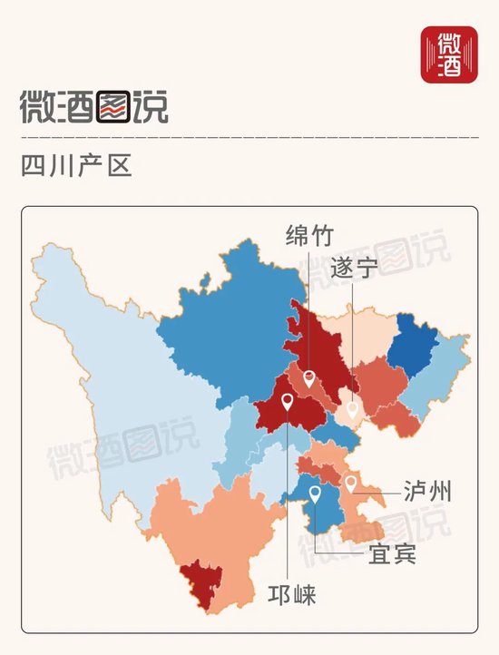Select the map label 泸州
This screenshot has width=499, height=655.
[x=426, y=493]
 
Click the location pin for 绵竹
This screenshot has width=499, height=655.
[x=309, y=378]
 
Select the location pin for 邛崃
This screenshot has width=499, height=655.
[x=288, y=401]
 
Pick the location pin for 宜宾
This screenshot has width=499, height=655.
[x=315, y=494]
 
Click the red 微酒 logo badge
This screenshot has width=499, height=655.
[x=449, y=54]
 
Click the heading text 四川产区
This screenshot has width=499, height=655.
[x=76, y=167]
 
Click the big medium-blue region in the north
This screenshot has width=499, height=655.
[x=227, y=318]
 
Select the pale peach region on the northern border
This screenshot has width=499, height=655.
[x=363, y=332]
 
